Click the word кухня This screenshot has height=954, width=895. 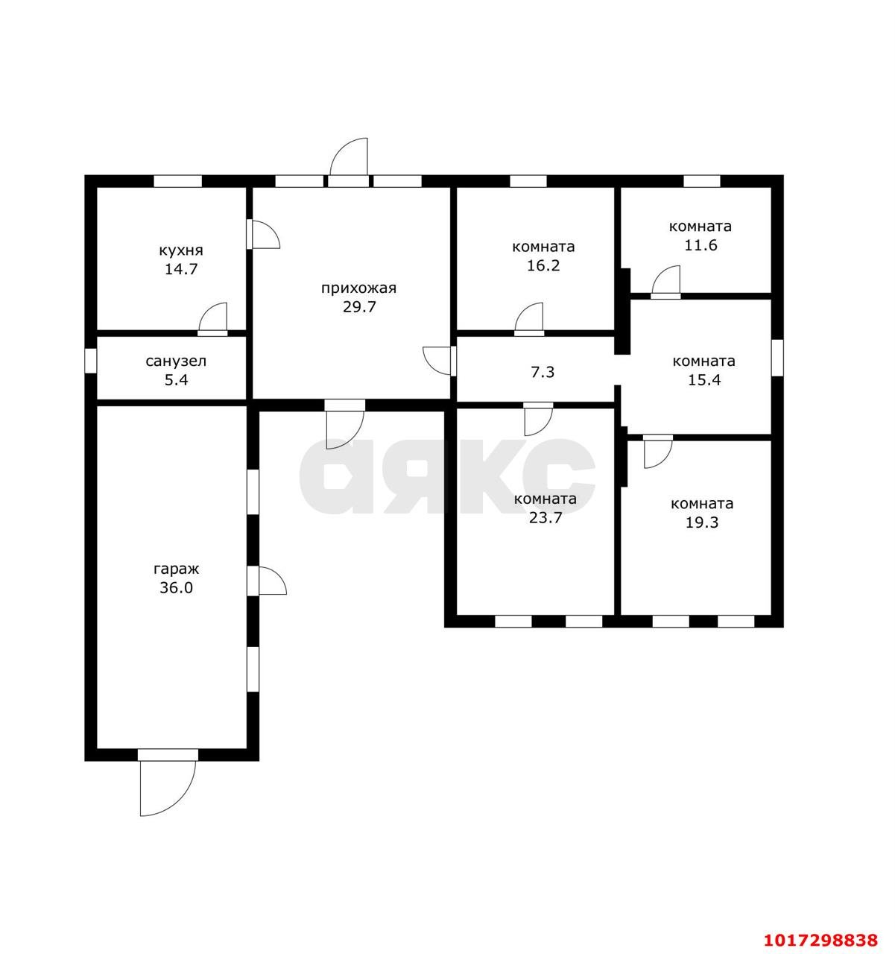181,250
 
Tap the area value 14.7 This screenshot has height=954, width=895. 181,269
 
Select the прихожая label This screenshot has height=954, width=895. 358,288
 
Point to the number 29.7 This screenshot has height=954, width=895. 359,307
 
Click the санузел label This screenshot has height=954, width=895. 176,361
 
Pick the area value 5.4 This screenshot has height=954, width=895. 177,380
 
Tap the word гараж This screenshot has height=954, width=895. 176,569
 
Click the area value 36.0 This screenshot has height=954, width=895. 176,587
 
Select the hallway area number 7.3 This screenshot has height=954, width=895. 543,372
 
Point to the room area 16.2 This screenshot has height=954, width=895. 543,265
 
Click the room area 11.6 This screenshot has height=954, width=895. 700,245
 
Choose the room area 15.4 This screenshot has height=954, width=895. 703,380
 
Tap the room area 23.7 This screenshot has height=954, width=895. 545,518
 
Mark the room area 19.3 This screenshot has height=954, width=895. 702,522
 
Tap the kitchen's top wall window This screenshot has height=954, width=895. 177,181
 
